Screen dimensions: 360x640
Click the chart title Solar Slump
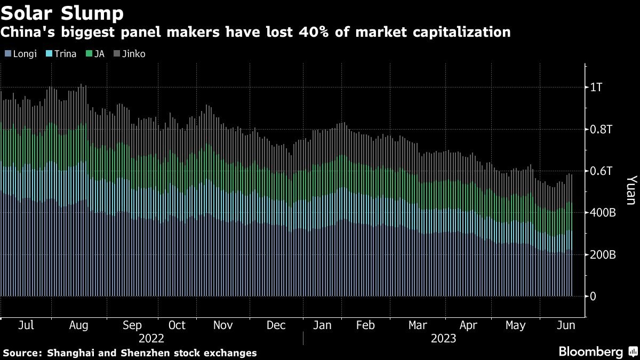click(x=63, y=12)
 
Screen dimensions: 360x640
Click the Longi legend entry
click(x=21, y=54)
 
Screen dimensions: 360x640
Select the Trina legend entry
click(x=62, y=54)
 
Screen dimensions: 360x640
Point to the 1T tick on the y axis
click(x=596, y=87)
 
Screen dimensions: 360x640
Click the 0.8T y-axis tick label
click(x=600, y=130)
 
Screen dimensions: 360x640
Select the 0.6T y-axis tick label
click(x=600, y=171)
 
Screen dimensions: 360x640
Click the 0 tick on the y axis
click(x=593, y=297)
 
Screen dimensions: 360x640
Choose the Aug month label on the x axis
click(x=79, y=325)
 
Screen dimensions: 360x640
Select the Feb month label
click(x=365, y=325)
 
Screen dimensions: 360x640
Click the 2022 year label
click(x=151, y=338)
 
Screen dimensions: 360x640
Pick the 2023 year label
click(x=444, y=338)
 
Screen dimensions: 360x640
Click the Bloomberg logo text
click(x=590, y=351)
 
